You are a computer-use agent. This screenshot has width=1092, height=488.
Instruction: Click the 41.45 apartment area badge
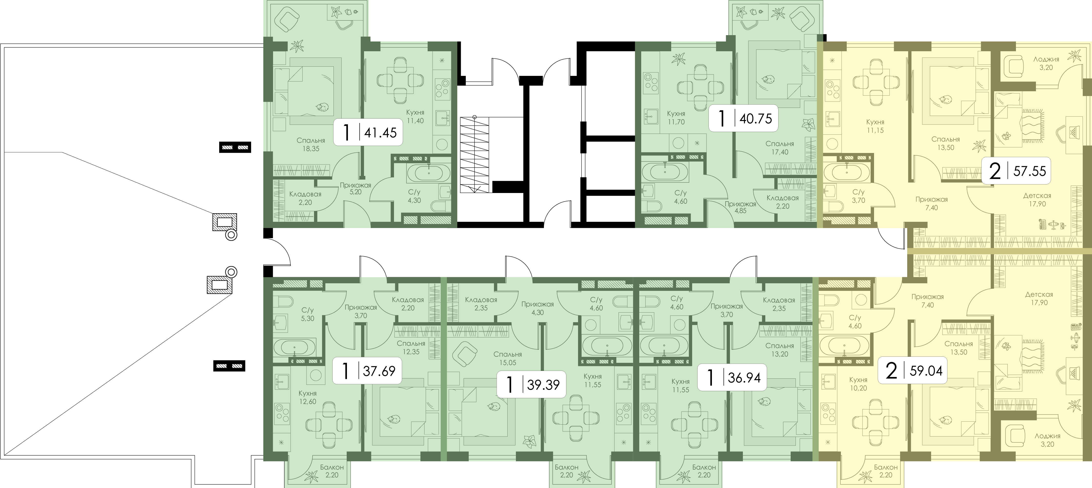pyautogui.click(x=367, y=132)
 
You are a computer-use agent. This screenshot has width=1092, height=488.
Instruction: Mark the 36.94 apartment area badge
pyautogui.click(x=732, y=377)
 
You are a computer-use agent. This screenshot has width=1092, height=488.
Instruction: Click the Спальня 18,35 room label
pyautogui.click(x=311, y=144)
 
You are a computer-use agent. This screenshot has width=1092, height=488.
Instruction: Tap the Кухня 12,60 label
pyautogui.click(x=307, y=397)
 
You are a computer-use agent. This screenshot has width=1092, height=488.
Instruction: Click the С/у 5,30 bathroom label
pyautogui.click(x=307, y=314)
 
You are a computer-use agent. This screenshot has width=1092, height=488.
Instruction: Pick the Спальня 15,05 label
pyautogui.click(x=507, y=358)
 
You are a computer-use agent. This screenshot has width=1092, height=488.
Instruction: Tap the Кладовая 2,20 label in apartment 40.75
pyautogui.click(x=783, y=202)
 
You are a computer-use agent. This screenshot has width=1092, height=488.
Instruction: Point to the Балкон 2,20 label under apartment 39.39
pyautogui.click(x=566, y=471)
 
